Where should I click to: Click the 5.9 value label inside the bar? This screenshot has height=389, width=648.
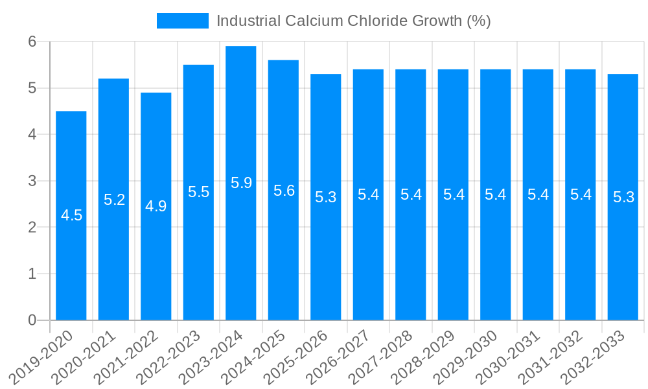[x=241, y=183]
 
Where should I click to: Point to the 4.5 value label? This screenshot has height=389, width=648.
[x=71, y=215]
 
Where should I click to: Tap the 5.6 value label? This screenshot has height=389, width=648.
[x=284, y=191]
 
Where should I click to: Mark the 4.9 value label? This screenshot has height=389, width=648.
[x=156, y=206]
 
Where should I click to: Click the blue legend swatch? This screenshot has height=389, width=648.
[x=183, y=21]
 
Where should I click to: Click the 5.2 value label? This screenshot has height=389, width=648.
[x=114, y=200]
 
